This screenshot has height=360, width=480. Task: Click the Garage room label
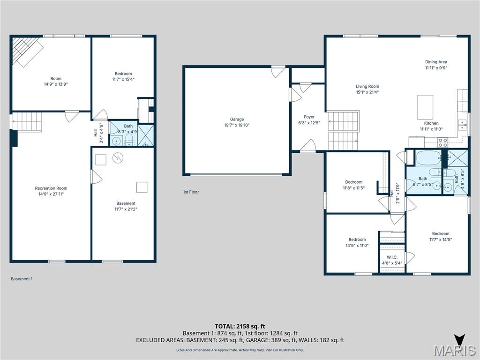(237, 120)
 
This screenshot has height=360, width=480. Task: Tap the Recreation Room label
(51, 188)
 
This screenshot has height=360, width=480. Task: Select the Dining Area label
(436, 62)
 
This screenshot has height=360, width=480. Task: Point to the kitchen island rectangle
(426, 107)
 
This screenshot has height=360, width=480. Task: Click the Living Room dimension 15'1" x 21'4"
(367, 92)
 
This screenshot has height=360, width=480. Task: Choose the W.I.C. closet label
(392, 257)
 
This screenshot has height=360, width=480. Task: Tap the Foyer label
(309, 117)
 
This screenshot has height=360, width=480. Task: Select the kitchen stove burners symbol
(443, 142)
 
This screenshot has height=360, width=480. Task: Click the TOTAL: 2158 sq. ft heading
(240, 326)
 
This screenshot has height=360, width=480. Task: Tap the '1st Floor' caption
(191, 192)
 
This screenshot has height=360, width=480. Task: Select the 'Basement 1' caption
(22, 279)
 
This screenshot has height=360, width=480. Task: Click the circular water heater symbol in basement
(117, 159)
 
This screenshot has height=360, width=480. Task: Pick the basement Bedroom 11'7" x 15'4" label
(123, 74)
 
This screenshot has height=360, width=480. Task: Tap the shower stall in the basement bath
(147, 134)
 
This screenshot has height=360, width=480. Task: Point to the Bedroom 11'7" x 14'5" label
(441, 234)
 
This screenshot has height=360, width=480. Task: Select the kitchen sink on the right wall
(462, 125)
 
